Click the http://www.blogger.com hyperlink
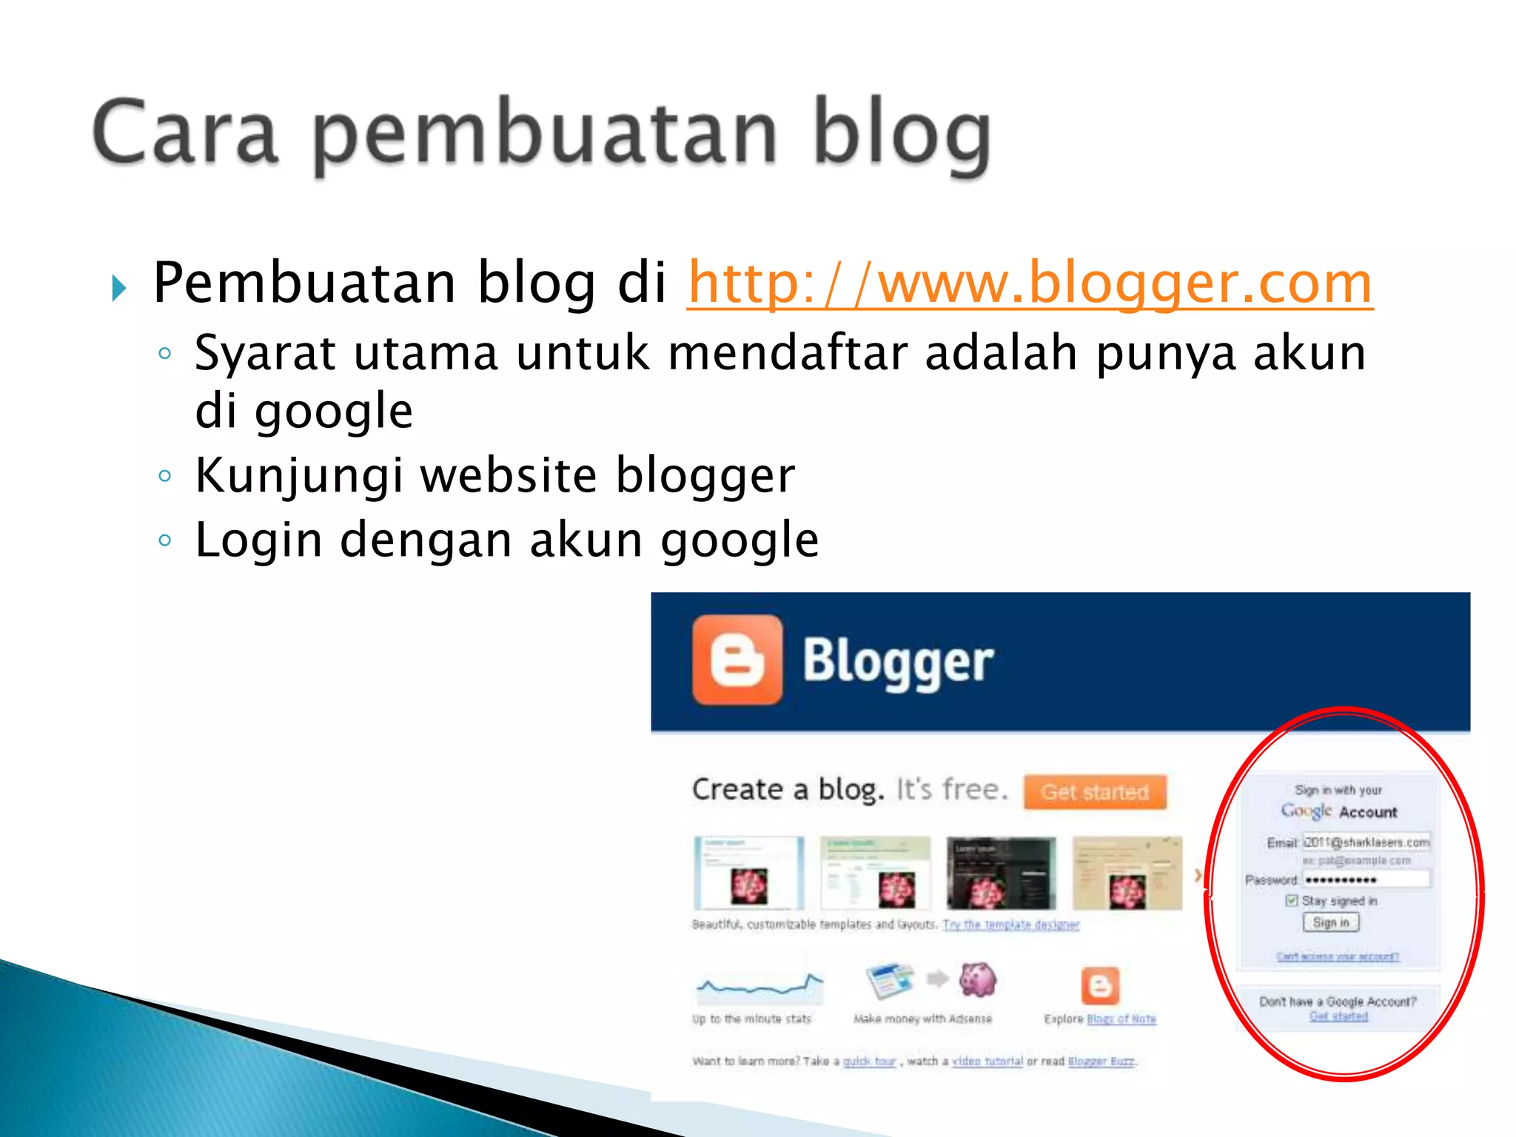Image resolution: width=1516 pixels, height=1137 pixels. click(1030, 284)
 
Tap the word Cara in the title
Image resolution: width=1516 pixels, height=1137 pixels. click(185, 133)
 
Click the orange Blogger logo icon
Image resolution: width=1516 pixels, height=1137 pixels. click(737, 660)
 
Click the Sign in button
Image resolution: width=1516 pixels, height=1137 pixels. click(1331, 922)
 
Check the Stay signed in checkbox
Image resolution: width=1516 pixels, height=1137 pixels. click(1292, 901)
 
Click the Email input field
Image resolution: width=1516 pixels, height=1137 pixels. click(1366, 842)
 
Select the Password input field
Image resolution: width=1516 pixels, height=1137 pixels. click(1366, 879)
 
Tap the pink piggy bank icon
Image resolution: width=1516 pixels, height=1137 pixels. click(978, 979)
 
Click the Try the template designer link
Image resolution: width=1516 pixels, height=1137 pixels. click(1010, 925)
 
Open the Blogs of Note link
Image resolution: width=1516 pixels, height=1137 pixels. click(1121, 1019)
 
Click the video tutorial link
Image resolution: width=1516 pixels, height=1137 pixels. click(987, 1061)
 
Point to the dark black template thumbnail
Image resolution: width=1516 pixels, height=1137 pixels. click(1001, 873)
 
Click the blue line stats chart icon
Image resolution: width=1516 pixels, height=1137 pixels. click(759, 985)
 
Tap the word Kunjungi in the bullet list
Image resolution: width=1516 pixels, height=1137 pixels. click(299, 475)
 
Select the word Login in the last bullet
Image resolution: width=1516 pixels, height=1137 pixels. click(258, 540)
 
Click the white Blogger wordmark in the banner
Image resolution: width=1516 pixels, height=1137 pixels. click(898, 661)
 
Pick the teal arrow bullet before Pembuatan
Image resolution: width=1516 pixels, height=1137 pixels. click(118, 287)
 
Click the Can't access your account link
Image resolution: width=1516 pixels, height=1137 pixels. click(1337, 956)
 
